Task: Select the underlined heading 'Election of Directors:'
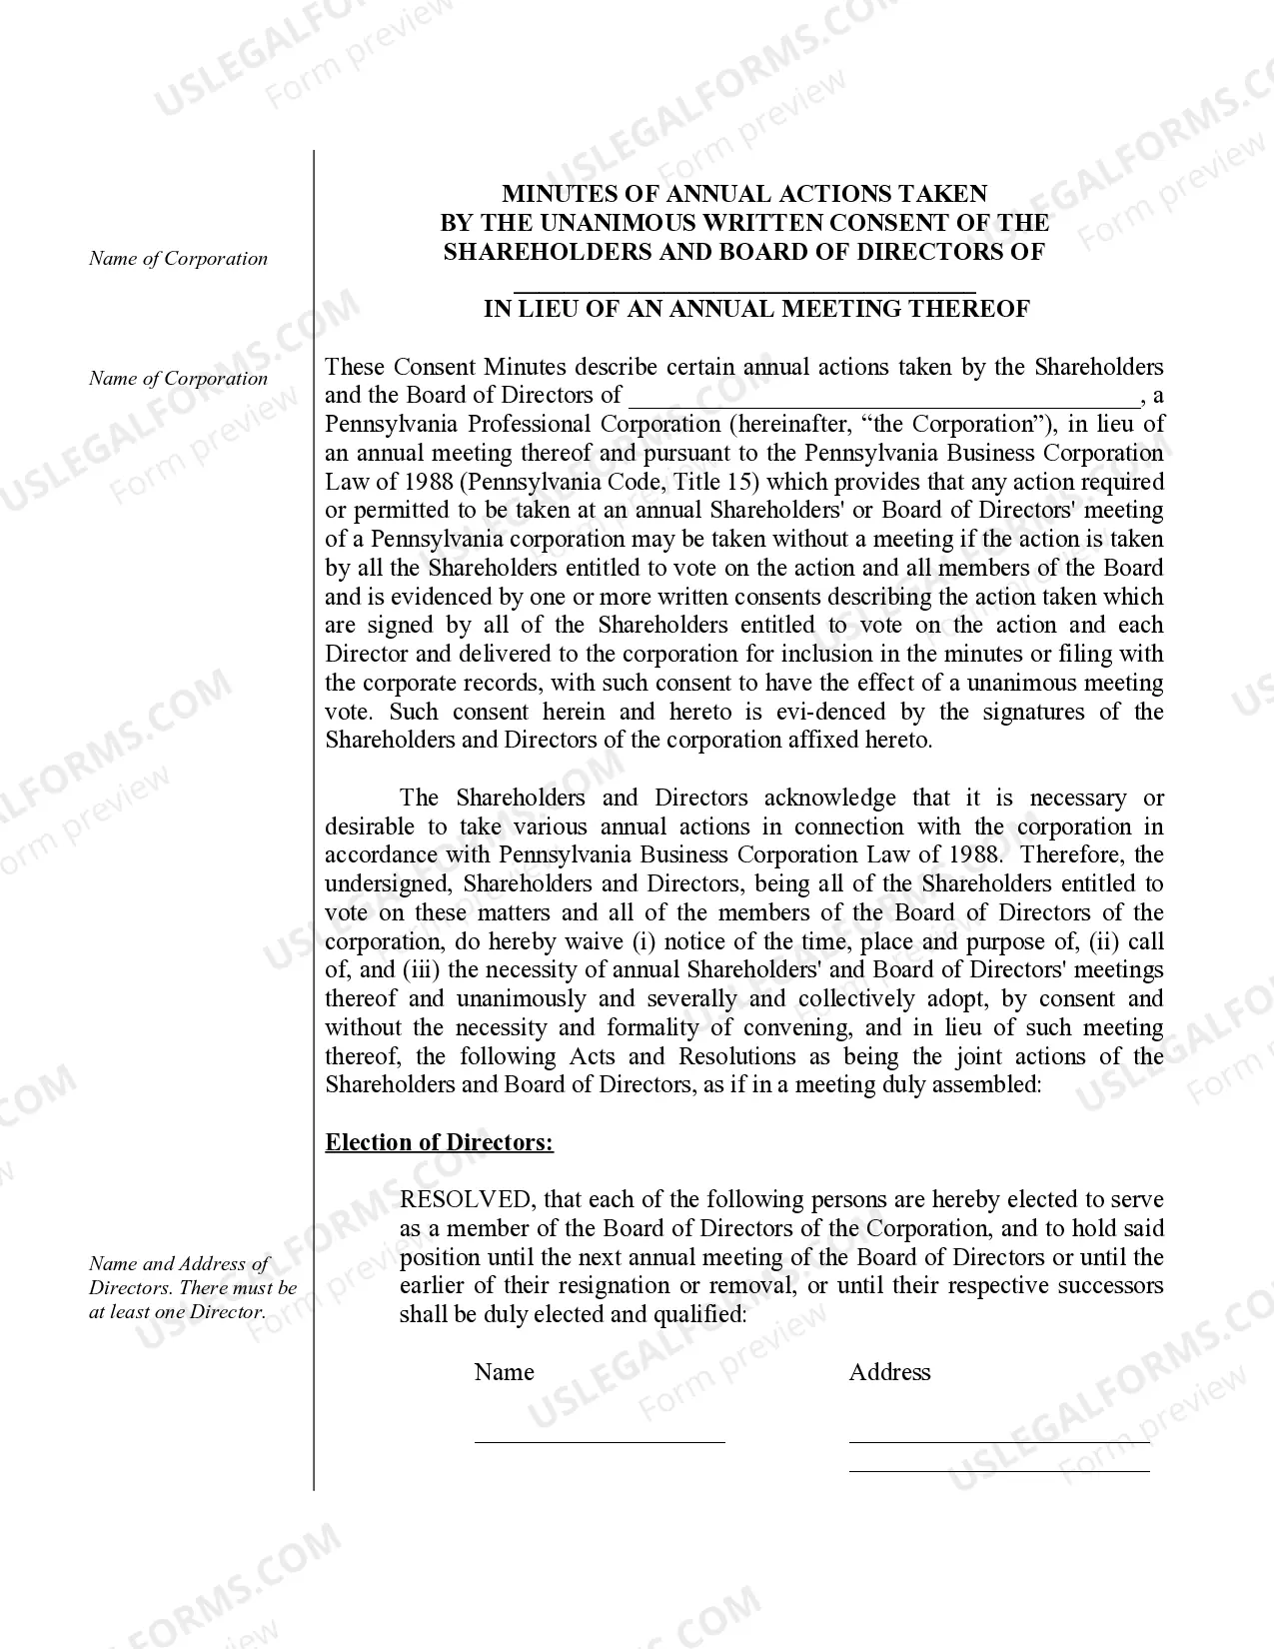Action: (x=439, y=1142)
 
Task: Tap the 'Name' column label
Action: (x=504, y=1372)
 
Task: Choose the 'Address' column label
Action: (x=889, y=1372)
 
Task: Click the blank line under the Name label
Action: (x=600, y=1440)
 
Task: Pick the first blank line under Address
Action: (x=999, y=1440)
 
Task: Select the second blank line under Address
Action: (x=999, y=1469)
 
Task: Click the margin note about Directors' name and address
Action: (x=192, y=1288)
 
